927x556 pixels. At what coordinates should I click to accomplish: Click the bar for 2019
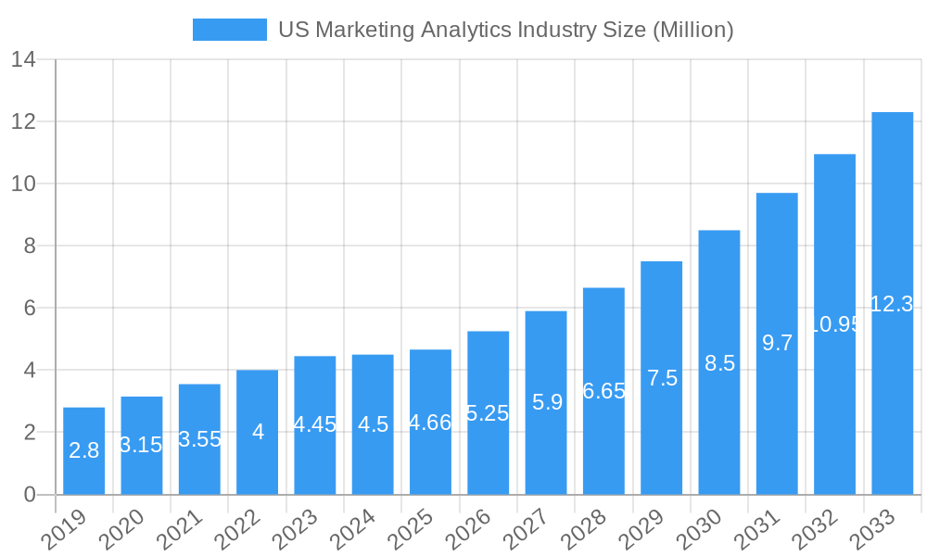click(x=83, y=451)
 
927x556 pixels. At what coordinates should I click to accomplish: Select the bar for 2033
click(x=892, y=303)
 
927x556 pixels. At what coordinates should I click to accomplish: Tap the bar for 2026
click(x=488, y=412)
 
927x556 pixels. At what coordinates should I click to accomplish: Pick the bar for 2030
click(x=719, y=362)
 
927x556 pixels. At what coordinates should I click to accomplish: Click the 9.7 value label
click(x=777, y=343)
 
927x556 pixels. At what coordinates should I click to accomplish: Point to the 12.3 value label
click(x=892, y=304)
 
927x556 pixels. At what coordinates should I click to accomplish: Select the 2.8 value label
click(x=83, y=451)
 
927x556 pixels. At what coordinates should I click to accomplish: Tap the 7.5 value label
click(x=662, y=378)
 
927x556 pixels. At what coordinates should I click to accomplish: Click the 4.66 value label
click(x=430, y=423)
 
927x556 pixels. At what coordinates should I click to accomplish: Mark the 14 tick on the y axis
click(x=23, y=60)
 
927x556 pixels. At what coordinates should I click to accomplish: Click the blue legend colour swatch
click(x=229, y=30)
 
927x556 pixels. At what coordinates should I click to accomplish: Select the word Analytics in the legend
click(x=465, y=30)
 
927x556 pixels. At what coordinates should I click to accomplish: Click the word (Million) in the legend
click(x=692, y=30)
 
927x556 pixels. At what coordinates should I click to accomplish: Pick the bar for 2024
click(x=373, y=424)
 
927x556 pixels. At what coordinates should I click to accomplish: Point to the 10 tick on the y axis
click(x=23, y=184)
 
